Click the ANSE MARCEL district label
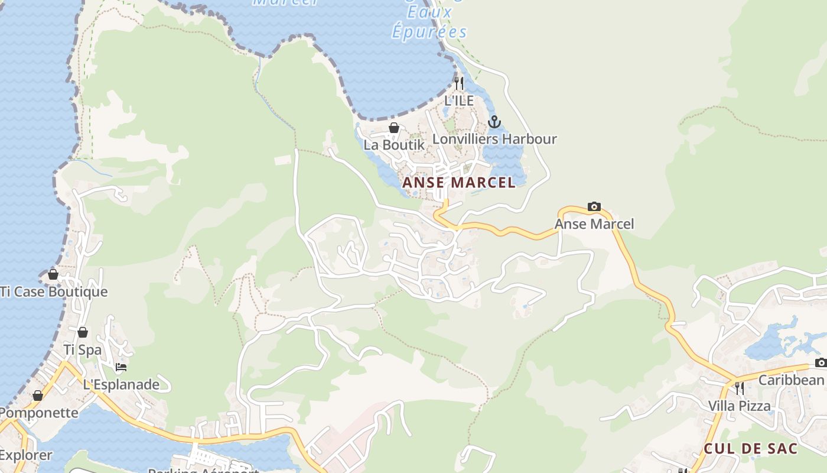459,183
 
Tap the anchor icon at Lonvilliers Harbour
494,122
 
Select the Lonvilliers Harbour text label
494,140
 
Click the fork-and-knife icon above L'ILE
459,83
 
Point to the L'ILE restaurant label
459,101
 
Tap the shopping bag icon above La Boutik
394,128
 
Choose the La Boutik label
394,145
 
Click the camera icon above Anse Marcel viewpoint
594,206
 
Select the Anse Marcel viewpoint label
594,224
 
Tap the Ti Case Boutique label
54,292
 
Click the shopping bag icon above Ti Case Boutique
53,274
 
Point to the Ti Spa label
83,350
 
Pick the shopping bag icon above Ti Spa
83,332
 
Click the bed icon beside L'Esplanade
121,367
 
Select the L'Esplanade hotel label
121,385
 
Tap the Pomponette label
39,413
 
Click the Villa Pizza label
740,406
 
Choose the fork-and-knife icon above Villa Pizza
740,388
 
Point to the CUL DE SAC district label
751,449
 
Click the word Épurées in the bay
429,32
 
